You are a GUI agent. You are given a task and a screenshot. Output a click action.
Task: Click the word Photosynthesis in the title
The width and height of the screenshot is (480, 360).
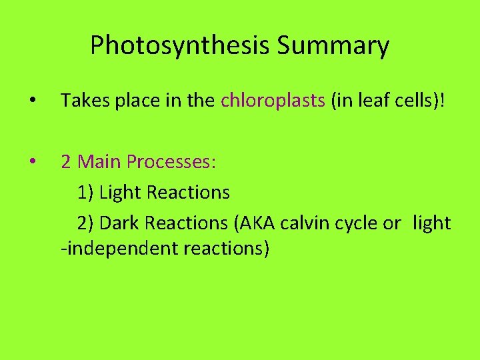(x=179, y=46)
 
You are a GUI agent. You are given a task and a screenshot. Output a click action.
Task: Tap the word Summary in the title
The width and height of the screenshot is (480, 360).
(x=333, y=46)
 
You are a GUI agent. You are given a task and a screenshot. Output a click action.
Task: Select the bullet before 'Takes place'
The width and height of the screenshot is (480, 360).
(x=32, y=101)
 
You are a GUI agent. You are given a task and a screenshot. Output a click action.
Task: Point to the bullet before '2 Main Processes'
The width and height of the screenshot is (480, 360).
(x=32, y=162)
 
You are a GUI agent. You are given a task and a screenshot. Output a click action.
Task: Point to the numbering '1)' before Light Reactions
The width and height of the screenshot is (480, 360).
(x=85, y=193)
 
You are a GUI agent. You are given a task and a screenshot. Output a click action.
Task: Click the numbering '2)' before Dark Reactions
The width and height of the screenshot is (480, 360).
(x=85, y=223)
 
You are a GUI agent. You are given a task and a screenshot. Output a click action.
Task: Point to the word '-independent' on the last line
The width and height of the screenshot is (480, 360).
(x=116, y=249)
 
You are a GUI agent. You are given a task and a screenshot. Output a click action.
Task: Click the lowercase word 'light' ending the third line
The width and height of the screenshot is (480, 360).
(x=431, y=223)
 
